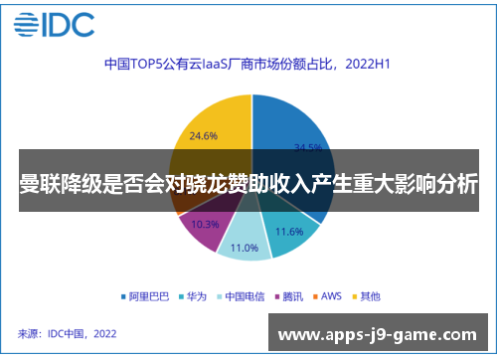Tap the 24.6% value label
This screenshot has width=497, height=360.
pyautogui.click(x=204, y=135)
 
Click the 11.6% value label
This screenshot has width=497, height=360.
pyautogui.click(x=289, y=231)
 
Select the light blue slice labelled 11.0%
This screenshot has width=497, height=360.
pyautogui.click(x=244, y=242)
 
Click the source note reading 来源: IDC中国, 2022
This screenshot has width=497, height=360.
pyautogui.click(x=68, y=333)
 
